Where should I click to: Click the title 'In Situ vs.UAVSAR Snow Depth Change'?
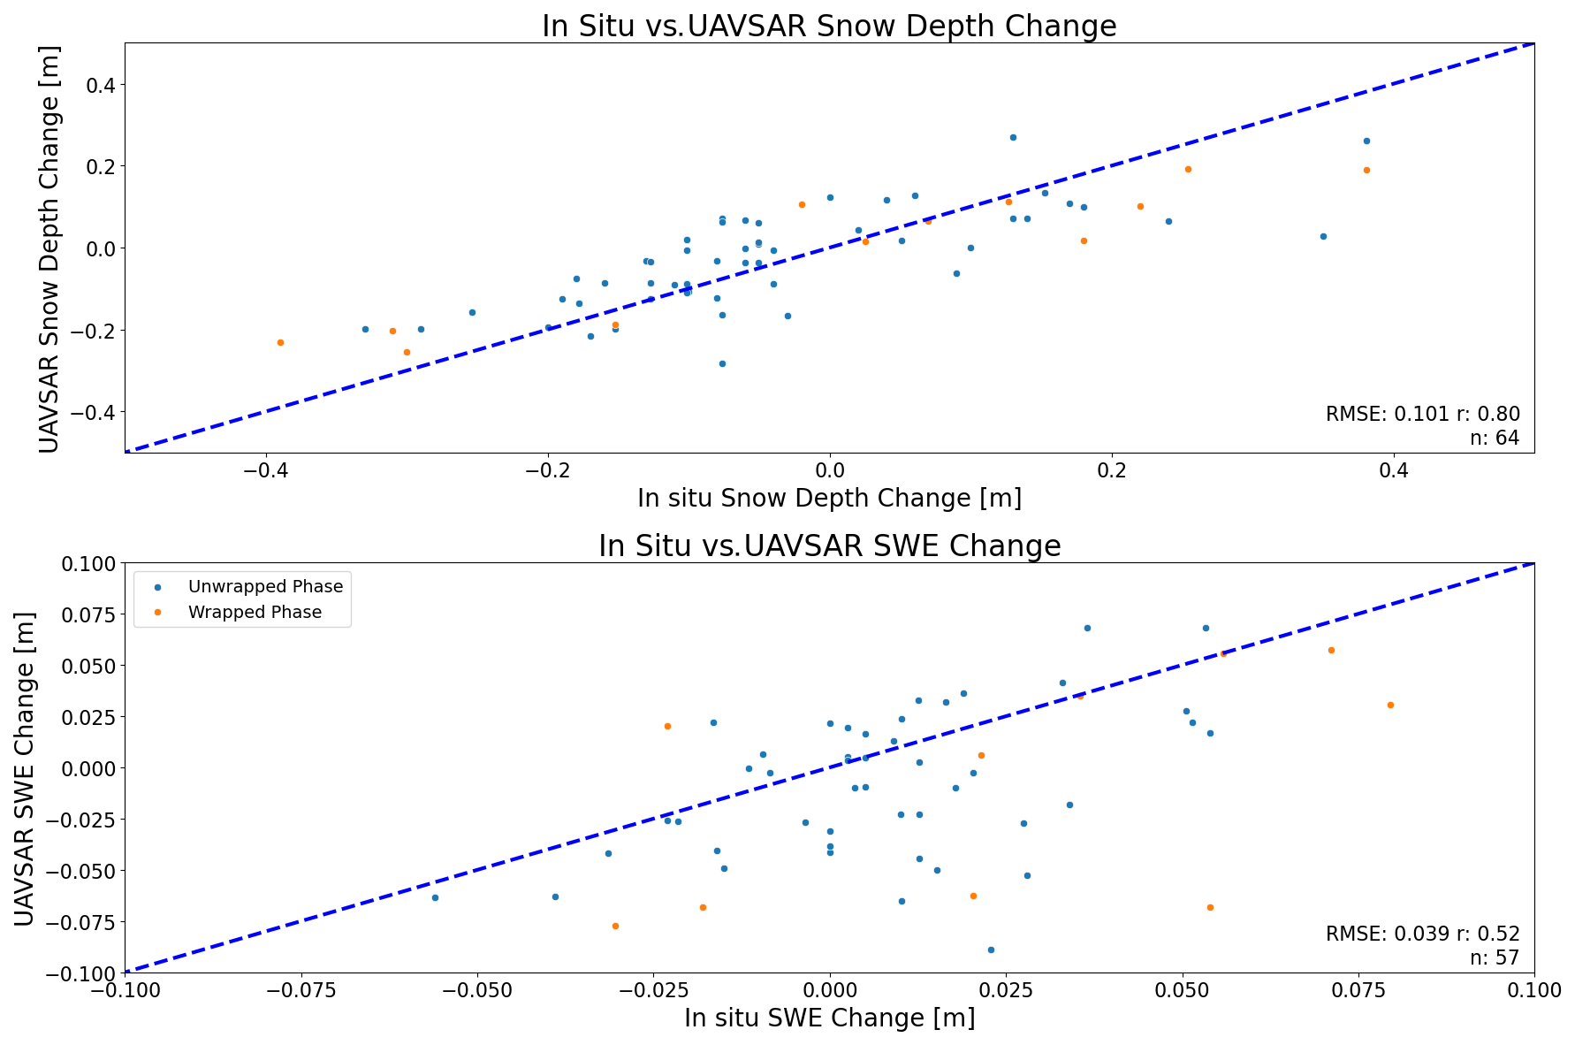tap(829, 27)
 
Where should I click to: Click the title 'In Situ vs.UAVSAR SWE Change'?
tap(829, 546)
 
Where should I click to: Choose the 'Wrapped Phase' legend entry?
tap(255, 612)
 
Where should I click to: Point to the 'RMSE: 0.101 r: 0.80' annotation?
tap(1422, 414)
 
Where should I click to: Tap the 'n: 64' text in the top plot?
tap(1494, 438)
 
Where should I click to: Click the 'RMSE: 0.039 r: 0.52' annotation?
tap(1422, 934)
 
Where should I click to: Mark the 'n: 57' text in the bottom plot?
tap(1494, 957)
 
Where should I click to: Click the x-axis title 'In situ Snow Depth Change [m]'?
tap(829, 499)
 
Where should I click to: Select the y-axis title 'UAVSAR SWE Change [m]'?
tap(25, 767)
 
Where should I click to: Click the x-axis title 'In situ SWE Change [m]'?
tap(829, 1018)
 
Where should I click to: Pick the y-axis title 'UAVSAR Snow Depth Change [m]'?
tap(49, 248)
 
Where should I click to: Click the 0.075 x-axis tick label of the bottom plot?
tap(1358, 989)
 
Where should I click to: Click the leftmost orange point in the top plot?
tap(280, 342)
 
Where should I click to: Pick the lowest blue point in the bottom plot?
tap(991, 950)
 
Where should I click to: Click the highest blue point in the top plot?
tap(1013, 137)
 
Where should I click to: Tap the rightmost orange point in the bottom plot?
tap(1390, 705)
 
